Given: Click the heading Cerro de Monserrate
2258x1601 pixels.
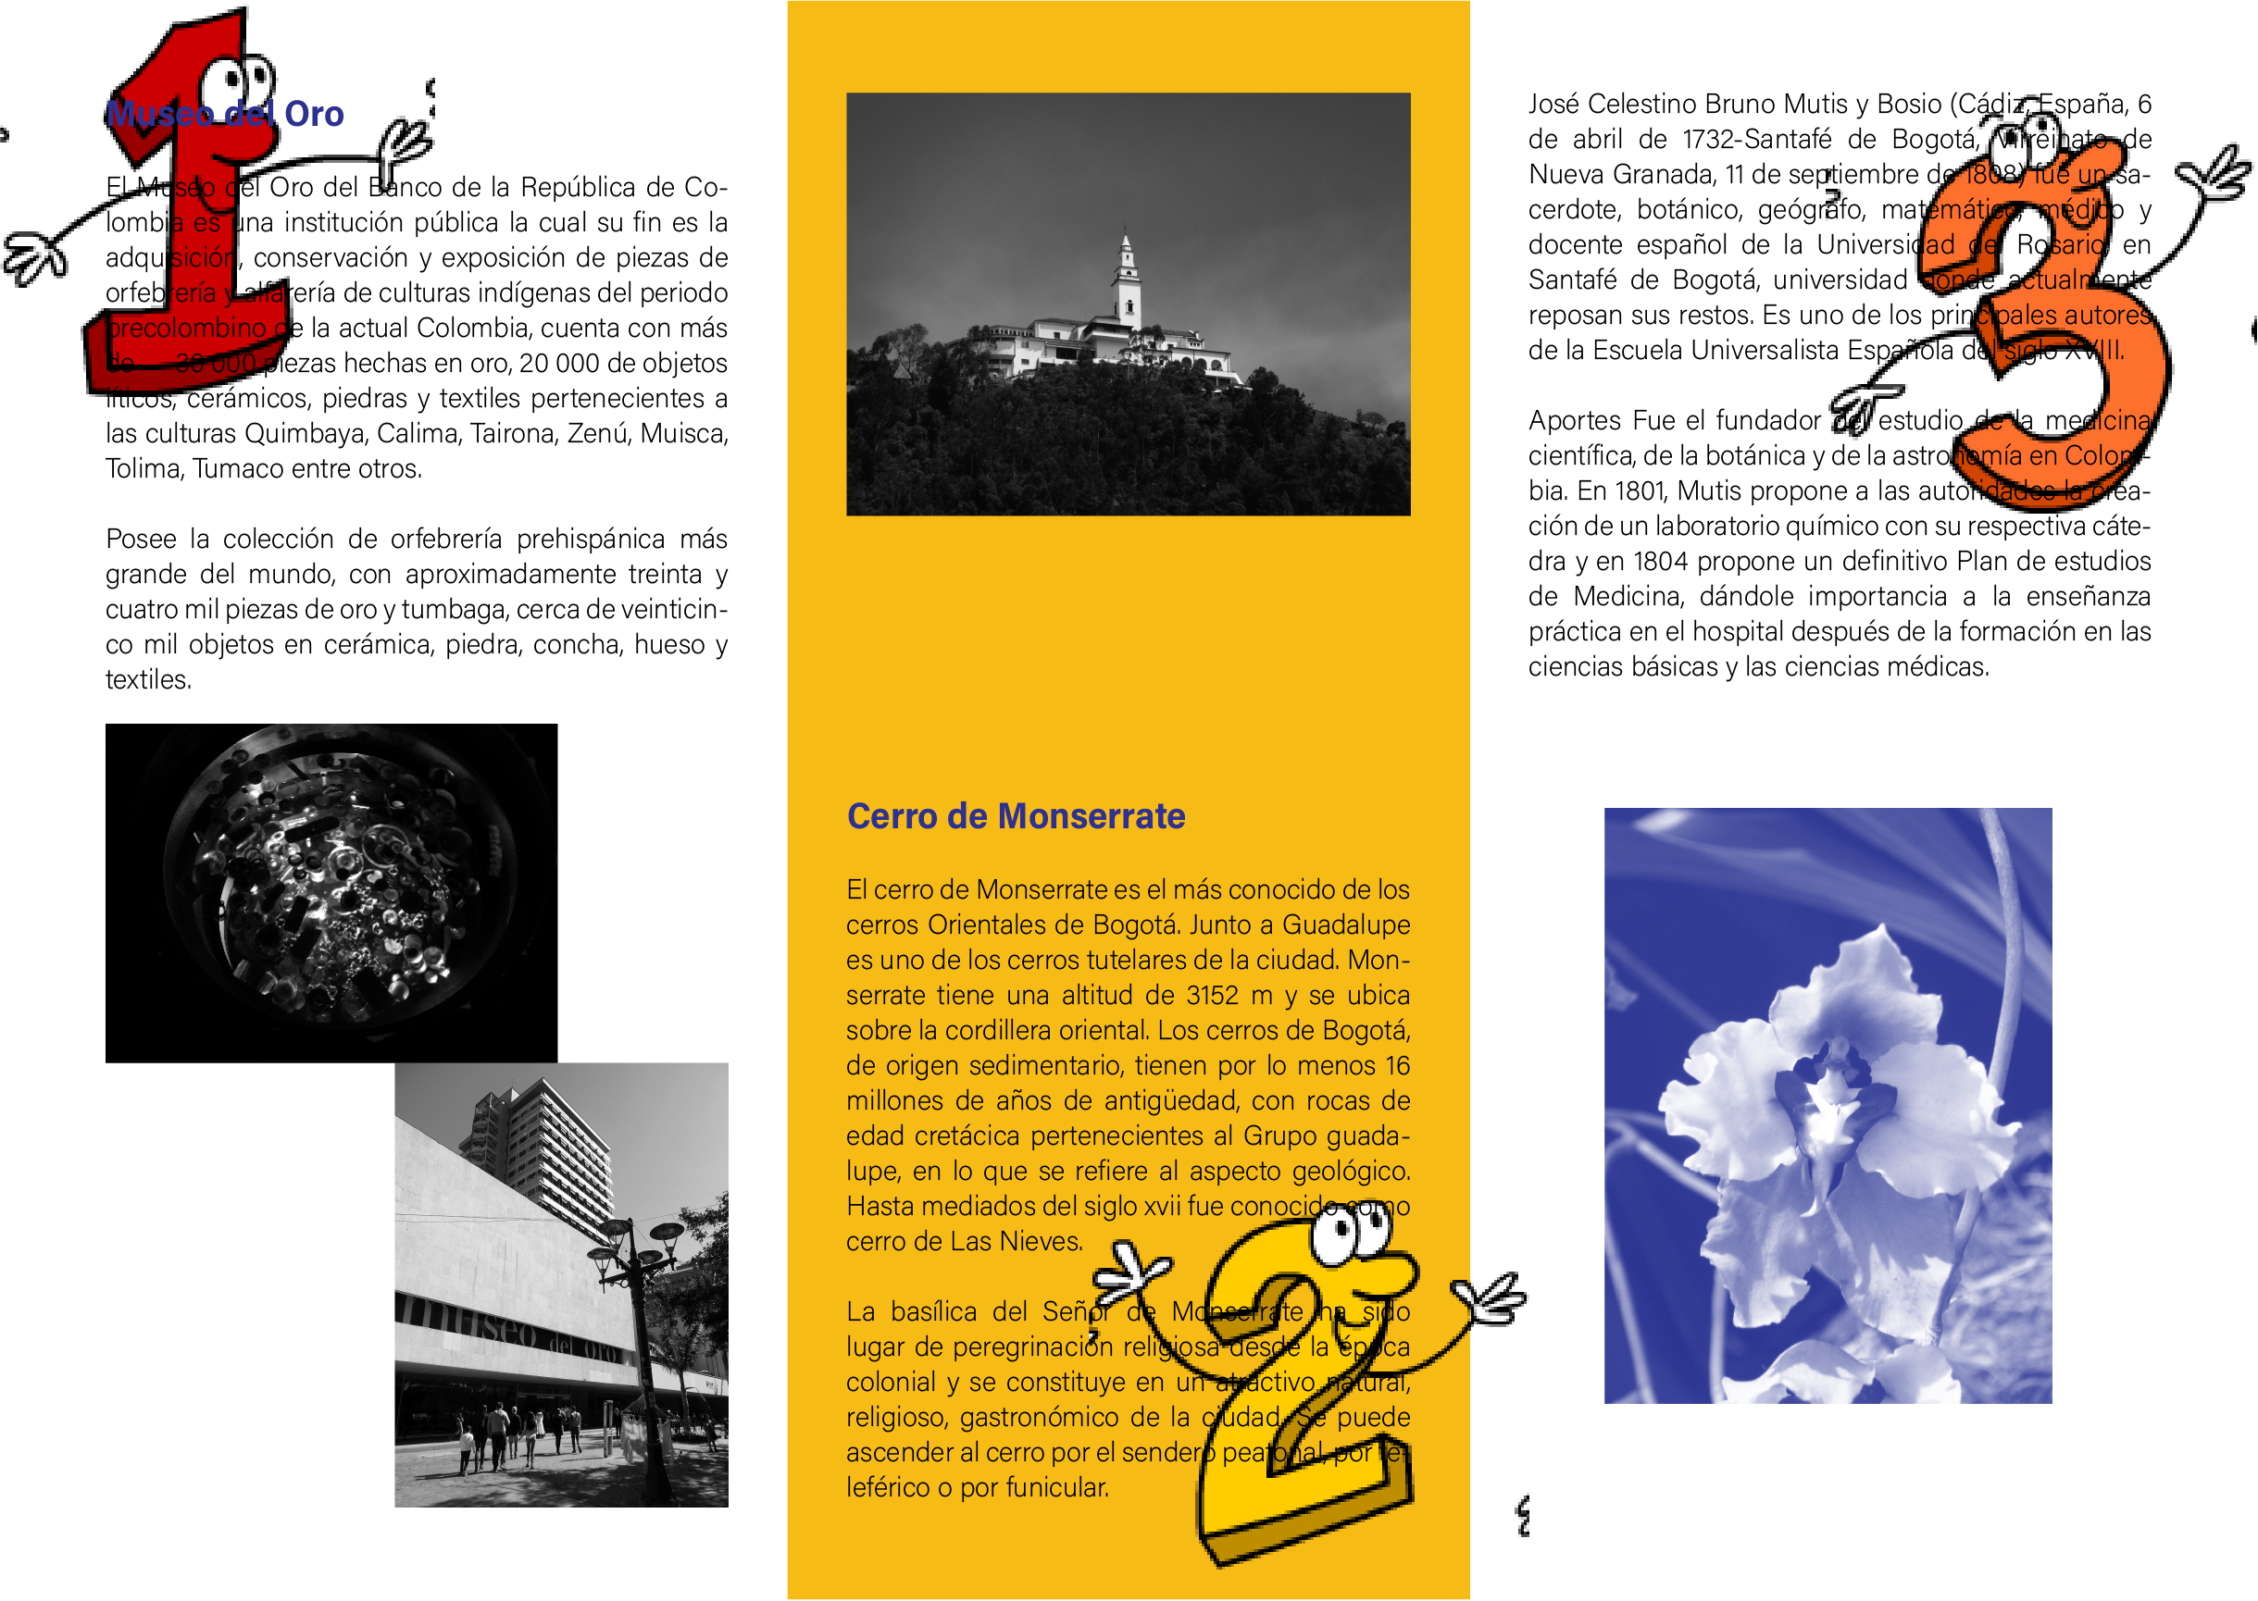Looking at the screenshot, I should pyautogui.click(x=1016, y=816).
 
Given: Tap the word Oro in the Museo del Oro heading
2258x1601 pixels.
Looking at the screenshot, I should pyautogui.click(x=314, y=115).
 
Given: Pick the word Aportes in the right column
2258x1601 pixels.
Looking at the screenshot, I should pyautogui.click(x=1574, y=421).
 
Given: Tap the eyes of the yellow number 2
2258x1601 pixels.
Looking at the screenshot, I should pyautogui.click(x=1351, y=1233).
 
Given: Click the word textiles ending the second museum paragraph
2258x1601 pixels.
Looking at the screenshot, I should pyautogui.click(x=148, y=680).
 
